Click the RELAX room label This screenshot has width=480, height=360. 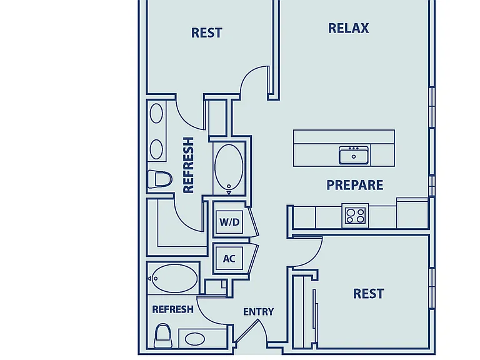[348, 28]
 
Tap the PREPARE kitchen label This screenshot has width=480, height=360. [355, 185]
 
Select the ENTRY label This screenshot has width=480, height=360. [258, 312]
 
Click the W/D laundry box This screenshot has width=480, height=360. [229, 222]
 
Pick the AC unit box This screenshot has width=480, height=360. [229, 259]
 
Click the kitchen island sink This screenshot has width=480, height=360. [354, 155]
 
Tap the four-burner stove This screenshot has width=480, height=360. [355, 216]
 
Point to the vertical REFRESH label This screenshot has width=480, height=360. [188, 165]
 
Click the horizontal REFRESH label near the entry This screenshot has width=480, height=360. [172, 309]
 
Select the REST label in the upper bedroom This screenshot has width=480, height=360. [207, 32]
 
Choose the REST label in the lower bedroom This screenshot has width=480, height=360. [369, 294]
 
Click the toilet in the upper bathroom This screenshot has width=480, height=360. [159, 179]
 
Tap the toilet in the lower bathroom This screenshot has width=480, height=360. [162, 336]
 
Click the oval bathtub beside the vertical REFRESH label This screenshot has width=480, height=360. [229, 167]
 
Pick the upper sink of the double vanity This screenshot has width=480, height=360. [156, 113]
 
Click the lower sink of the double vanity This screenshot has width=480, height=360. [156, 149]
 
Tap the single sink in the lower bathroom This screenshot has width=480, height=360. [195, 339]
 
